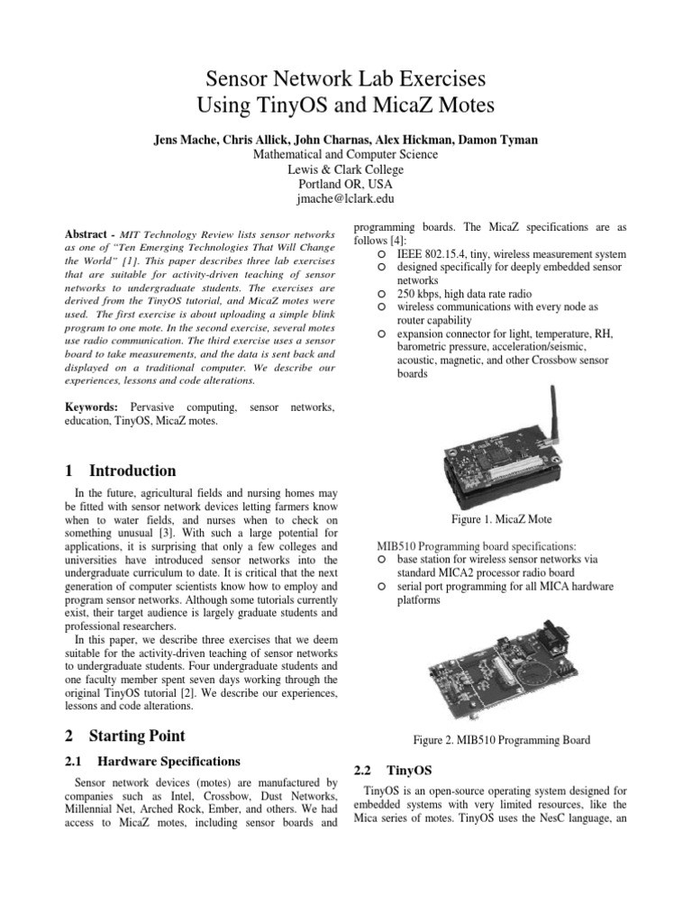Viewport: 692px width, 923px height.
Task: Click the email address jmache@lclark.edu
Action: pos(345,198)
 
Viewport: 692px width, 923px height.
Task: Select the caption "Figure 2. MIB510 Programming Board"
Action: pos(501,740)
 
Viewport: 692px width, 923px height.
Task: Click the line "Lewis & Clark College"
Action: pos(345,169)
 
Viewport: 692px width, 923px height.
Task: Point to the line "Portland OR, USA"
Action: pos(345,184)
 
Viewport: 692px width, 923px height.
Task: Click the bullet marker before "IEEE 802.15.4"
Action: pos(382,254)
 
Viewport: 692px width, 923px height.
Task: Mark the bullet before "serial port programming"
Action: pos(382,587)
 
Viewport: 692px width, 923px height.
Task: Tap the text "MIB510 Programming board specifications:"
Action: pos(481,546)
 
